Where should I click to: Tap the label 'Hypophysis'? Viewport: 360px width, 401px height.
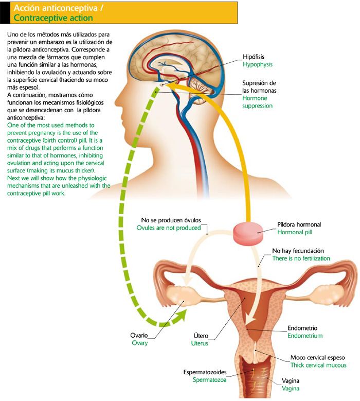258,65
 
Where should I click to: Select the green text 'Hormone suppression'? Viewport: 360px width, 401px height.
258,101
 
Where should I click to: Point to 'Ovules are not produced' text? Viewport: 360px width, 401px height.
168,228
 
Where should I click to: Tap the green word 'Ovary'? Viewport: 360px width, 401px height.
139,343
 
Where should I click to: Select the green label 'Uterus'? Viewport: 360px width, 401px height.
200,343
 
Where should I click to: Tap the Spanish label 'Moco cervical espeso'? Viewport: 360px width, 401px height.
317,357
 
